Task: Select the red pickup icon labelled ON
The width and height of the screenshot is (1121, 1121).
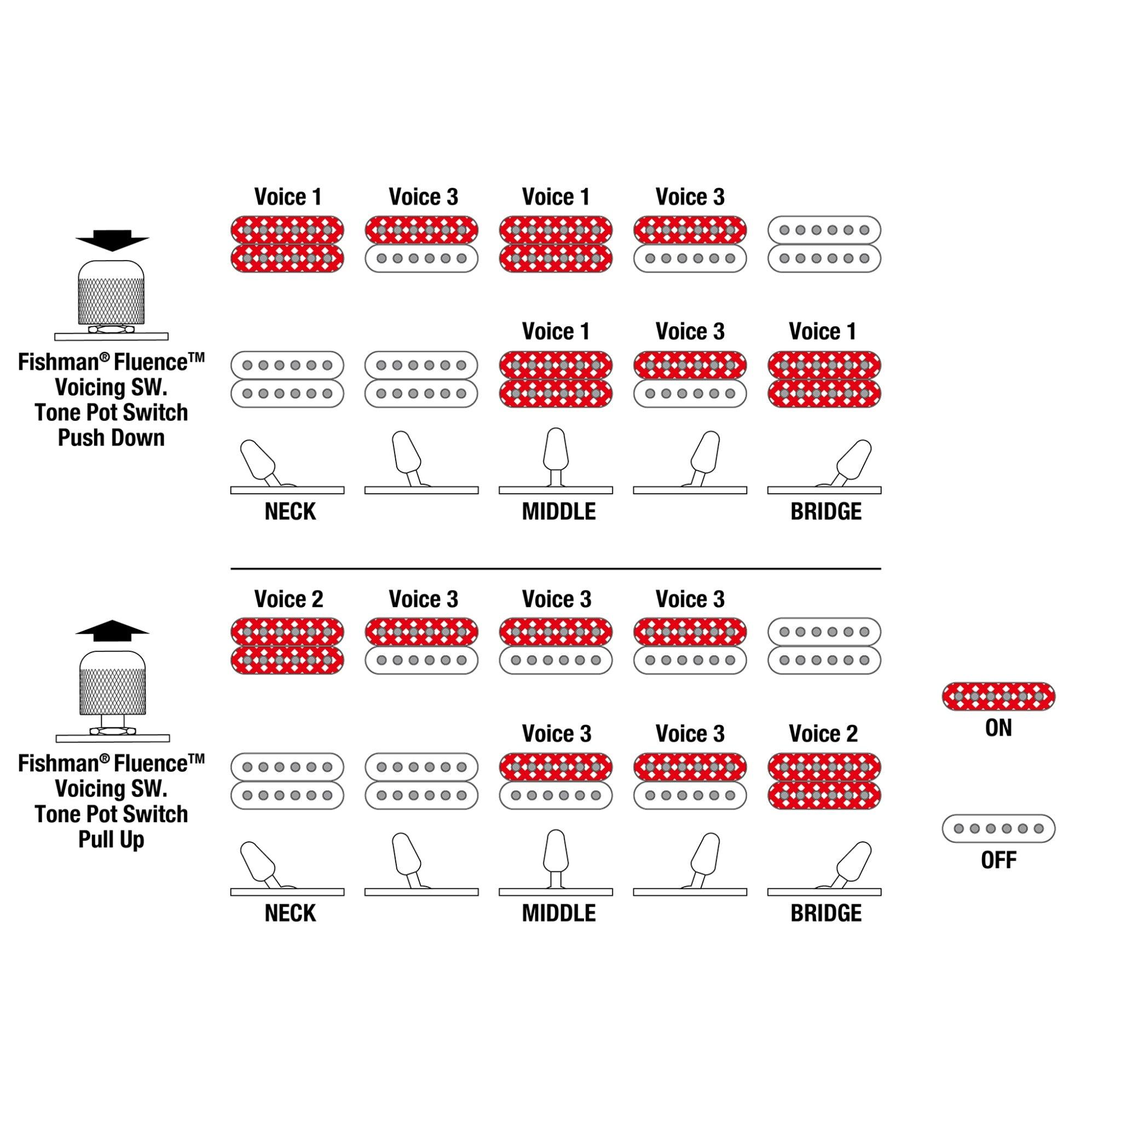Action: tap(998, 696)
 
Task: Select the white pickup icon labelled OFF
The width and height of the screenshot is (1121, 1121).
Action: tap(998, 828)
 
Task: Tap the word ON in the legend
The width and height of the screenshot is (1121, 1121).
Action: tap(998, 727)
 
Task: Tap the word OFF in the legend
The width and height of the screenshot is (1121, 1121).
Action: tap(998, 860)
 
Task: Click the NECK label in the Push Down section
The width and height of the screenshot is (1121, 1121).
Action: tap(290, 511)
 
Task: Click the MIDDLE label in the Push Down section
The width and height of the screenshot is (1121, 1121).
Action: tap(558, 511)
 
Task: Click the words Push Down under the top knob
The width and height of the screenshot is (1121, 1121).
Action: tap(112, 437)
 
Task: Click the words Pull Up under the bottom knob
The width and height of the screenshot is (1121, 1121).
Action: tap(112, 839)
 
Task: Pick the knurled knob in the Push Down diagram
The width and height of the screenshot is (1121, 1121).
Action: tap(112, 293)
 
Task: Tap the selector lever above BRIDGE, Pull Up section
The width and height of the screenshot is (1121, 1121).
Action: tap(853, 862)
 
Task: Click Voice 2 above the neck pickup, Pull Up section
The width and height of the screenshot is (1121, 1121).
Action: tap(288, 599)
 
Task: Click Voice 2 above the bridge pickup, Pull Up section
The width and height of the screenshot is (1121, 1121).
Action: tap(823, 733)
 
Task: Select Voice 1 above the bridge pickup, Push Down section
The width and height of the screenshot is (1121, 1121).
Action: tap(822, 331)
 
